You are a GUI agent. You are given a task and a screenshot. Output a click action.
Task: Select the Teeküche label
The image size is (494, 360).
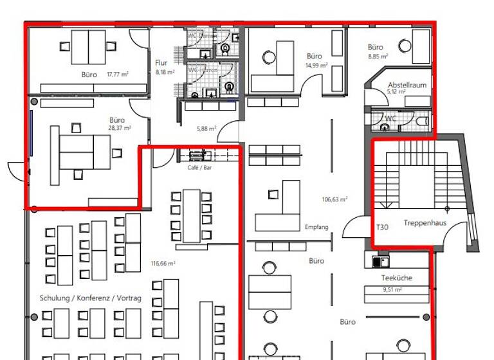(x=397, y=278)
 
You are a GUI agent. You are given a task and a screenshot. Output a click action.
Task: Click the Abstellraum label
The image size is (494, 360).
(x=407, y=85)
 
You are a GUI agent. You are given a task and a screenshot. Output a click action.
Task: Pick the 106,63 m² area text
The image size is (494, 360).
(x=334, y=199)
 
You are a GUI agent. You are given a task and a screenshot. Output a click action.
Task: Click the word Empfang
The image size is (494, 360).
(x=316, y=227)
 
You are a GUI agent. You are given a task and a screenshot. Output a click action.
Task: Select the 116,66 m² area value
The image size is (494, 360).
(x=163, y=263)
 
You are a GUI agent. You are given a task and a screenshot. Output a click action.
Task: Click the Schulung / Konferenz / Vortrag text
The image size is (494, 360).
(x=90, y=298)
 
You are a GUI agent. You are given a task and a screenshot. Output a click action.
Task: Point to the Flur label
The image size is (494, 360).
(x=161, y=63)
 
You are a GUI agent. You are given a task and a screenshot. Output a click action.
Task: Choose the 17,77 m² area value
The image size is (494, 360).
(x=118, y=75)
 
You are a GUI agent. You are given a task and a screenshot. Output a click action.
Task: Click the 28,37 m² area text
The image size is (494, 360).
(x=120, y=128)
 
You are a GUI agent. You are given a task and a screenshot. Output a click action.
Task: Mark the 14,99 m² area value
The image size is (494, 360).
(x=316, y=65)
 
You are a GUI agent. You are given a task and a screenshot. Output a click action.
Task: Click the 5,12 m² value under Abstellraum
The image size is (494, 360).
(x=396, y=92)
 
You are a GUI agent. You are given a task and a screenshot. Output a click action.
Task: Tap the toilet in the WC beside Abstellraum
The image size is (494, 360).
(x=422, y=121)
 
